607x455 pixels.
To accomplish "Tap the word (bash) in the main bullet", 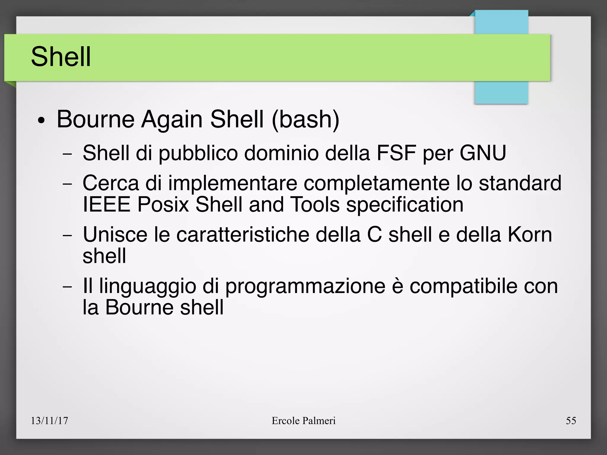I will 305,119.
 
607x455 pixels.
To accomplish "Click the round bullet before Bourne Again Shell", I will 41,121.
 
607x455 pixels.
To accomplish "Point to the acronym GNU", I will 483,153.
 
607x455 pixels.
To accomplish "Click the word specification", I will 405,205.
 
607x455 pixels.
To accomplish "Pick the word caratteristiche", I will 243,235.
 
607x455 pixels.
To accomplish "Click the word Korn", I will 530,235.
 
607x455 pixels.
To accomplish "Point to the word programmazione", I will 305,287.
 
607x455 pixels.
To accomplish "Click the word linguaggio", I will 148,287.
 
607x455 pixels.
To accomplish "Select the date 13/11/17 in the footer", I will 49,421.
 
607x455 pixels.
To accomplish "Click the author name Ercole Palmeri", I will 303,421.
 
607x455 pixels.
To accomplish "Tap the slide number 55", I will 571,421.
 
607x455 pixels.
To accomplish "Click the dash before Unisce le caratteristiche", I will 68,235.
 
